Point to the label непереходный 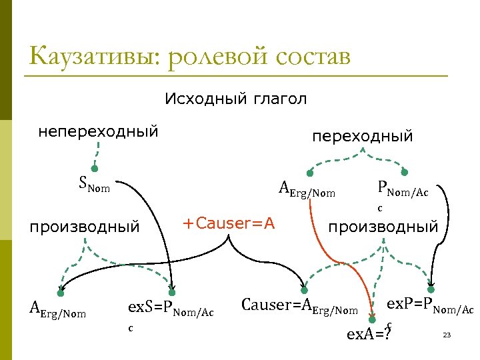pos(98,131)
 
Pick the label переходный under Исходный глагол pos(363,136)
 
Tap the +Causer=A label pos(229,223)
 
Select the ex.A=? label pos(367,333)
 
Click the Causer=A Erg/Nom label pos(299,307)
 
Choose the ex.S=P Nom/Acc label pos(171,310)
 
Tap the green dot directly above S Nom pos(95,169)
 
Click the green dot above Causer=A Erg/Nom pos(304,290)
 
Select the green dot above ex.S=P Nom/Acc pos(173,291)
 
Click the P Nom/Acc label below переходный pos(403,191)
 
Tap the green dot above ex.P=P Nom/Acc pos(431,290)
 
